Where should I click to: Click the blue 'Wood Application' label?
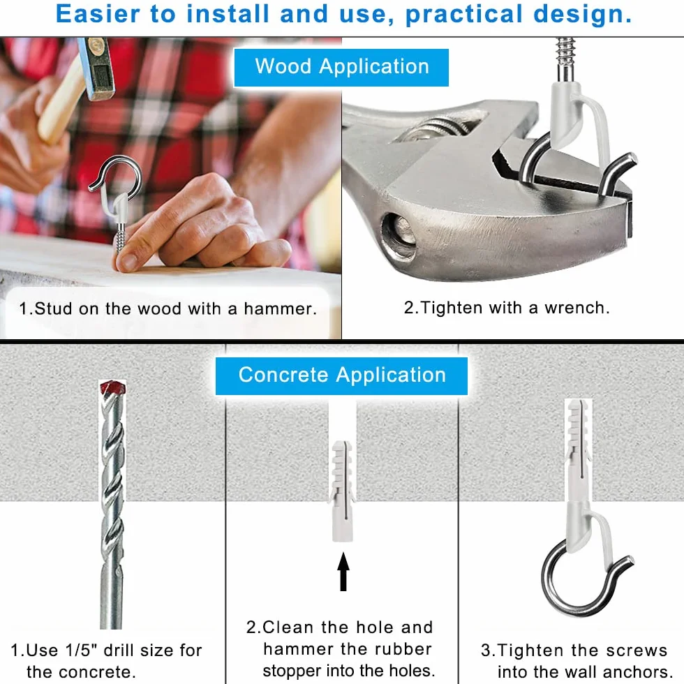pyautogui.click(x=341, y=67)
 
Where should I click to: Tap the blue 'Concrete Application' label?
pyautogui.click(x=341, y=376)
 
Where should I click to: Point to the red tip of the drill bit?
pyautogui.click(x=113, y=387)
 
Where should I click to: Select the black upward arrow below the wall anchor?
pyautogui.click(x=343, y=572)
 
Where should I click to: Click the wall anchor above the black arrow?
pyautogui.click(x=343, y=491)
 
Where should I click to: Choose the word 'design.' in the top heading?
pyautogui.click(x=583, y=15)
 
